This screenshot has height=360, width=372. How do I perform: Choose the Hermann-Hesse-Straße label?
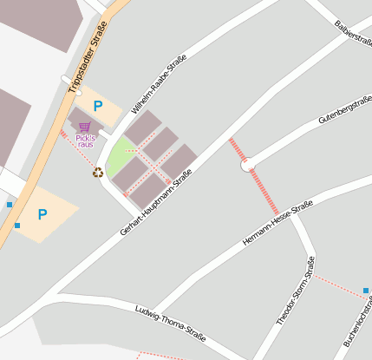(277, 222)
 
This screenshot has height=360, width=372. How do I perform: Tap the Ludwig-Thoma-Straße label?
(170, 322)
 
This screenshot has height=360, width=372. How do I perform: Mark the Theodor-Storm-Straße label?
(295, 291)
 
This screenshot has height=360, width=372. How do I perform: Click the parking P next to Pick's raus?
(98, 106)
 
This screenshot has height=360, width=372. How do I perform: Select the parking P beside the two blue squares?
(42, 213)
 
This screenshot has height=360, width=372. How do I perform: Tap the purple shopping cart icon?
(84, 128)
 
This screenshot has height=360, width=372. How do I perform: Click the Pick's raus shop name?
(85, 141)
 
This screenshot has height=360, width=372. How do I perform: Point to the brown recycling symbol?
(98, 173)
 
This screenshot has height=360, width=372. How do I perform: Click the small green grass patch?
(119, 156)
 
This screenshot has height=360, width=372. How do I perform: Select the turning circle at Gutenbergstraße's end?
(247, 163)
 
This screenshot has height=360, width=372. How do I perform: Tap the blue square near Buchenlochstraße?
(366, 291)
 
